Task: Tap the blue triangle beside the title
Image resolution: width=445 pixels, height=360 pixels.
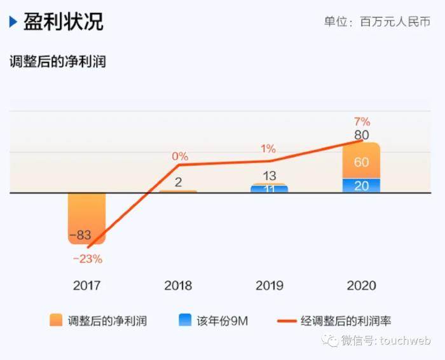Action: click(x=13, y=22)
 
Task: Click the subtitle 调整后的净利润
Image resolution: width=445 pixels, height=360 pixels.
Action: click(x=57, y=62)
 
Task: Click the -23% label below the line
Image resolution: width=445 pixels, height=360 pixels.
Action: click(x=88, y=259)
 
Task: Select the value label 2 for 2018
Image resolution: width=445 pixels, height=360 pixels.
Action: click(x=179, y=183)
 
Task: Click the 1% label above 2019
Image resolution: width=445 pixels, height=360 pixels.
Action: click(x=268, y=149)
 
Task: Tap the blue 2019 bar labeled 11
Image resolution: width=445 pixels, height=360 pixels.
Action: click(x=269, y=189)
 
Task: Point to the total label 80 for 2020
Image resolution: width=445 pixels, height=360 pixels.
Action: click(x=362, y=135)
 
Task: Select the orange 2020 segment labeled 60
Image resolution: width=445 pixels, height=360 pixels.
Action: click(x=361, y=162)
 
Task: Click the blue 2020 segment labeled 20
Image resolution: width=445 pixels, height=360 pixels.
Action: click(x=361, y=186)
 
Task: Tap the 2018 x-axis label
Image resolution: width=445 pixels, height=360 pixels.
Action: click(x=178, y=286)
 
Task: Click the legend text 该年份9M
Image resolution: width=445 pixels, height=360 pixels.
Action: click(x=222, y=321)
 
